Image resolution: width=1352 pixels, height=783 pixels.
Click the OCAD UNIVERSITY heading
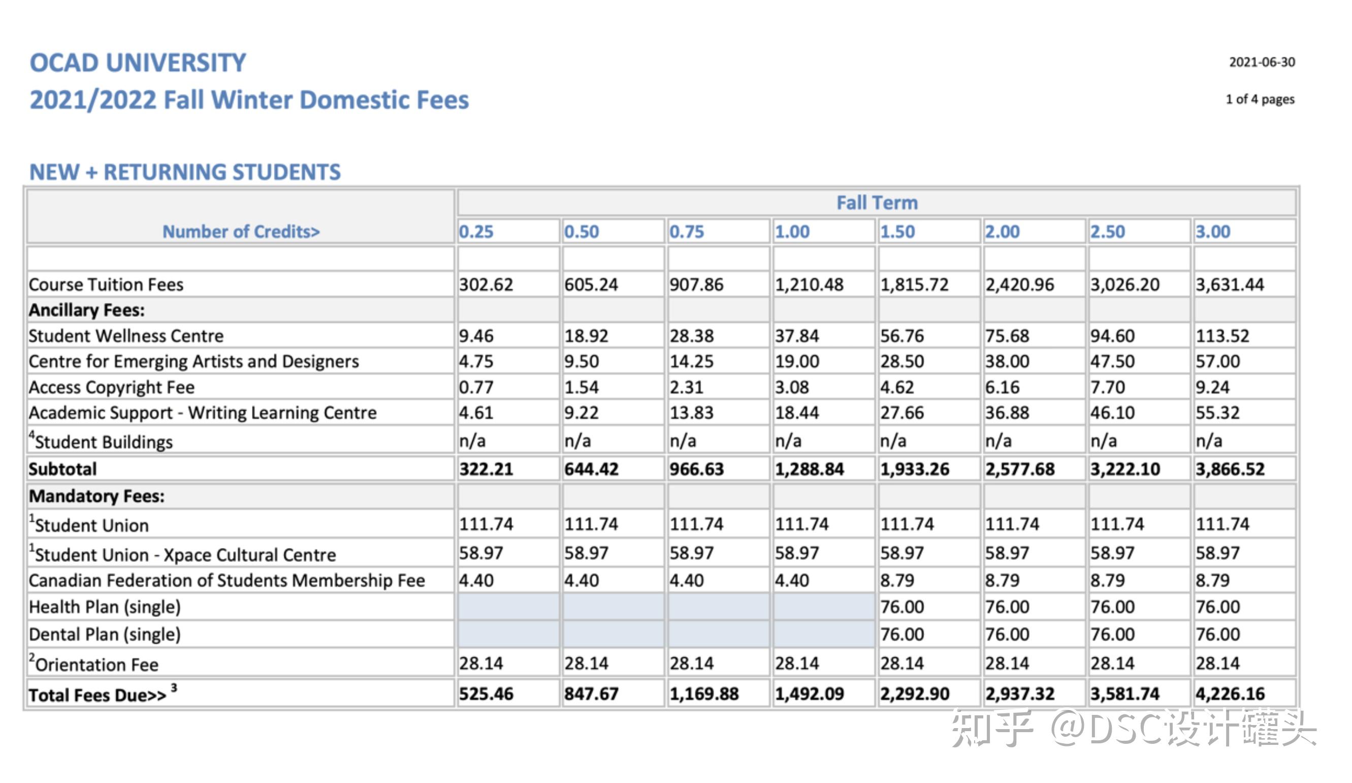138,63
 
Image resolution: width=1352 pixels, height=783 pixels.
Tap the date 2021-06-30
1262,63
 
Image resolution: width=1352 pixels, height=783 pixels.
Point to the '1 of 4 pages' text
1260,99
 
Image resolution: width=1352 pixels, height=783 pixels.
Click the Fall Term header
877,202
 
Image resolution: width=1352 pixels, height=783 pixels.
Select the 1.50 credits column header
897,231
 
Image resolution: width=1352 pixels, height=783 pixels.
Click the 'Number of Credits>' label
241,231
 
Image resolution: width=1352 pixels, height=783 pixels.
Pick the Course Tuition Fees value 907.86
696,284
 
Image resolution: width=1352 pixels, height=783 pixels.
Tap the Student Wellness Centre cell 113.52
1222,336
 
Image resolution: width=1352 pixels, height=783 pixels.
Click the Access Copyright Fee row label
112,387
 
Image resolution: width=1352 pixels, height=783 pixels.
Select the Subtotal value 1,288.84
809,469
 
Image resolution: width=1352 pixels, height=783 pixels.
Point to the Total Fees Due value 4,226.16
1230,694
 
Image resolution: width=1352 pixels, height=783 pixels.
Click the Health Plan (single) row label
105,607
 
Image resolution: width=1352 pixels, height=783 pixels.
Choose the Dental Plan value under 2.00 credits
1007,634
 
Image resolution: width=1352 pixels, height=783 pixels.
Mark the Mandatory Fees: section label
96,496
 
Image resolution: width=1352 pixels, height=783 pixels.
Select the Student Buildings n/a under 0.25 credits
472,441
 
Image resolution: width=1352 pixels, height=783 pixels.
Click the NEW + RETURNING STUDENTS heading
185,172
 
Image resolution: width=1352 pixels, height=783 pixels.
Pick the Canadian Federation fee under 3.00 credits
1212,581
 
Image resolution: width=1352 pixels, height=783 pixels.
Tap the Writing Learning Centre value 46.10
1112,412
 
